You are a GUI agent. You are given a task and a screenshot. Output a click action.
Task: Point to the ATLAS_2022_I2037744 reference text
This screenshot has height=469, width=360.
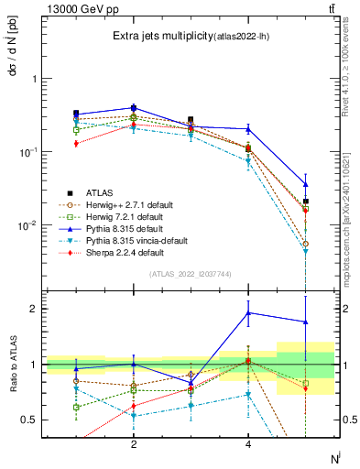[191, 273]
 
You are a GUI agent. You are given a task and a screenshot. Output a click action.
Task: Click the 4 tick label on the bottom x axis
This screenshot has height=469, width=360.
[248, 444]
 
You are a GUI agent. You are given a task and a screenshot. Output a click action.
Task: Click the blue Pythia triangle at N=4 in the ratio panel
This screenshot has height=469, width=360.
[248, 313]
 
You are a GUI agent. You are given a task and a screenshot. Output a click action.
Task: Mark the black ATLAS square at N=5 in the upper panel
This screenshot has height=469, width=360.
[306, 201]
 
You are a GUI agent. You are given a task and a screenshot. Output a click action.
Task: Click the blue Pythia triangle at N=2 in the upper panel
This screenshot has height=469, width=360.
[134, 107]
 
